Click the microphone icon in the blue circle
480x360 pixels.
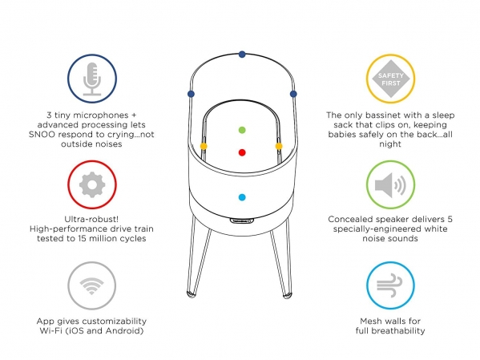point(92,79)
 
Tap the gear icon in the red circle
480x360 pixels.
point(92,184)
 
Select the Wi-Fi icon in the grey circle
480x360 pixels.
point(91,286)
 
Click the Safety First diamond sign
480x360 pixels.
point(390,79)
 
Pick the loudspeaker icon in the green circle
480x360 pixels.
point(390,184)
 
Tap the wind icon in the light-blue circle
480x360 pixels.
point(389,285)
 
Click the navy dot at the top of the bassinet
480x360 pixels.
point(242,55)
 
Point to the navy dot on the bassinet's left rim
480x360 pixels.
point(191,94)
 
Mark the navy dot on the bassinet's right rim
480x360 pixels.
point(293,94)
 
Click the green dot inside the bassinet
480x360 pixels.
point(242,130)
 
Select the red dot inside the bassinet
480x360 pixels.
point(242,152)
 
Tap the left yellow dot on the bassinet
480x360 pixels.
point(204,146)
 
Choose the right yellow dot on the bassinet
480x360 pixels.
point(279,146)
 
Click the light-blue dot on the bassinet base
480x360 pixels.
point(242,197)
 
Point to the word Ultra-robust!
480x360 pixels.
point(91,219)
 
